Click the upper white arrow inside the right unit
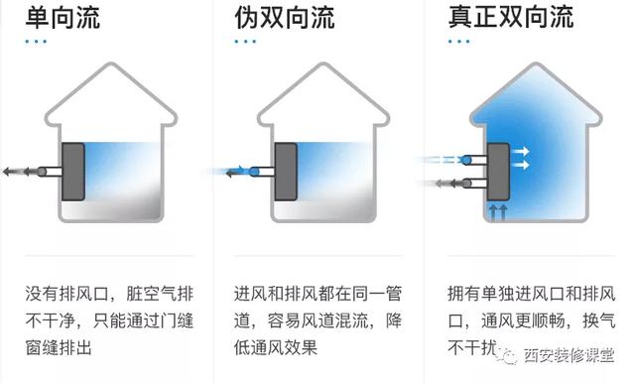(519, 152)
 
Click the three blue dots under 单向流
(37, 42)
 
